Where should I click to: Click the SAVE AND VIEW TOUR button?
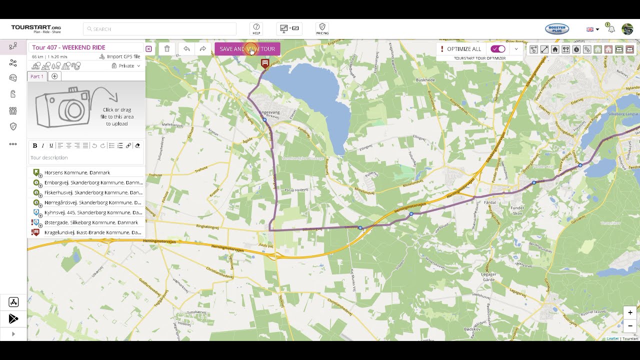[247, 49]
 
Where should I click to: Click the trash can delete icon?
[167, 49]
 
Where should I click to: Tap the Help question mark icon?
[256, 28]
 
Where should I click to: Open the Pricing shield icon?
[322, 28]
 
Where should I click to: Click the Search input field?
[160, 29]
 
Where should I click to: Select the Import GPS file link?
[120, 57]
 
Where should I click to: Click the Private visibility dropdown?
[126, 66]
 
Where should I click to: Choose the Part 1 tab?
[37, 76]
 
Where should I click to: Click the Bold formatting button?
[35, 145]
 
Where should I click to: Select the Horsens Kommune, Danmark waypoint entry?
[77, 172]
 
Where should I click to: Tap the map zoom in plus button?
[630, 313]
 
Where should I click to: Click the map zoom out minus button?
[630, 326]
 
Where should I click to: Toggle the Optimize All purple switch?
[498, 49]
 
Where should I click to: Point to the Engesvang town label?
[270, 113]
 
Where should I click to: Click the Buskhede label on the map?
[425, 80]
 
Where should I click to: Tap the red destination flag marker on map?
[265, 63]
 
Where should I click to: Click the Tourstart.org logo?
[36, 28]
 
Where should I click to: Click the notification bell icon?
[611, 29]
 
